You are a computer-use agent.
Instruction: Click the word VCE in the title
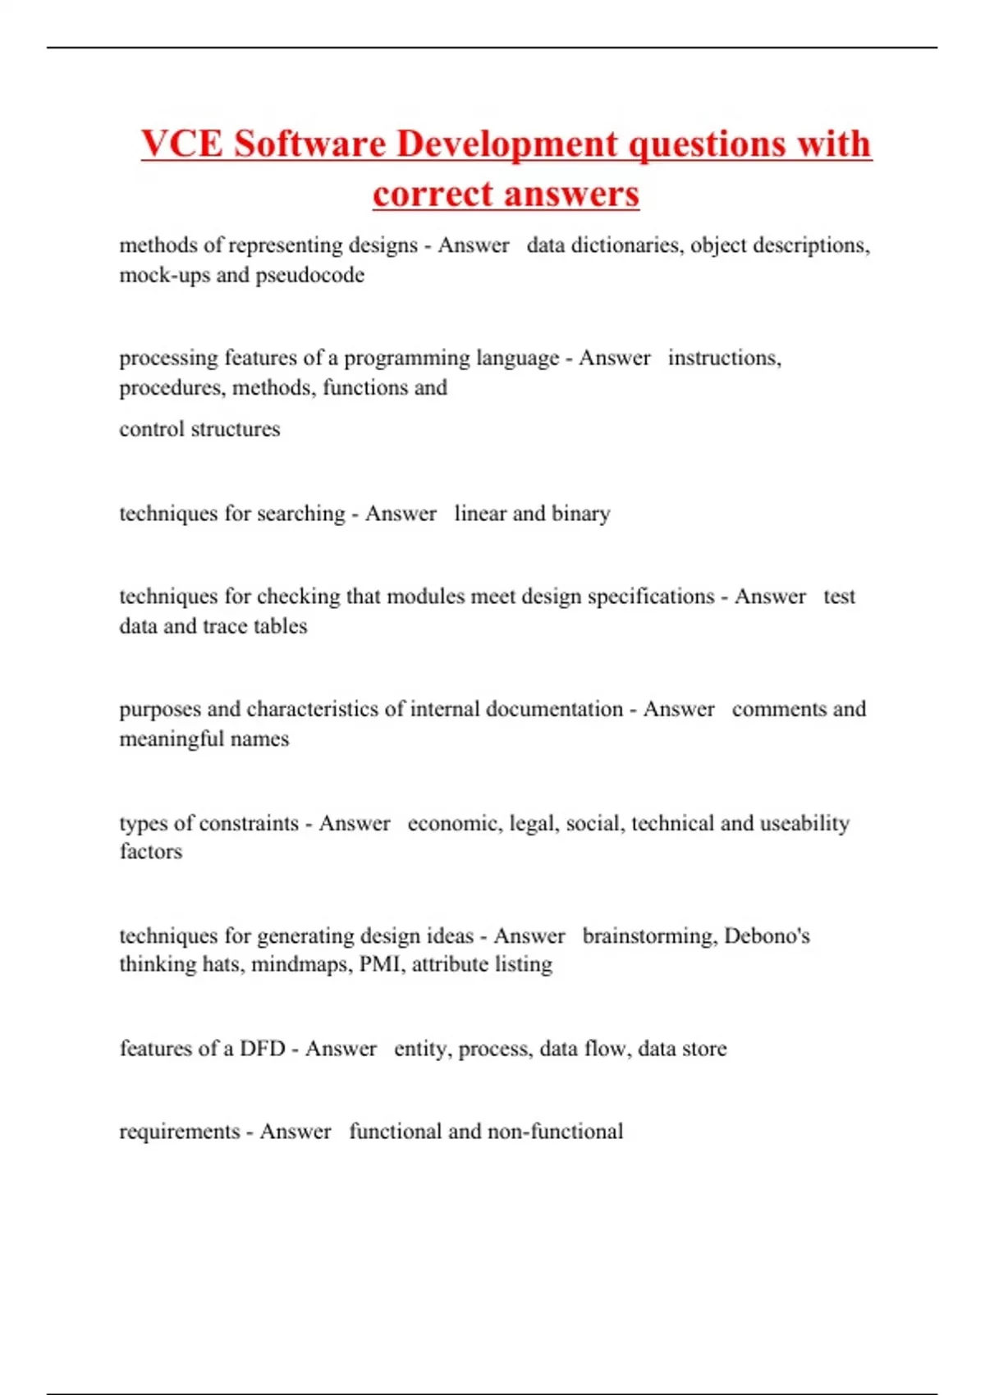pos(181,144)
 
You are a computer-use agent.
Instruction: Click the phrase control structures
pos(199,429)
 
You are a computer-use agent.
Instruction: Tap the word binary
pos(581,514)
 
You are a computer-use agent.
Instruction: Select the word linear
pos(479,514)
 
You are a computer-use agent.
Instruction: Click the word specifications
pos(651,597)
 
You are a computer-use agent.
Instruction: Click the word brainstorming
pos(648,936)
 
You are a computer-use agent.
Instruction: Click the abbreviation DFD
pos(263,1049)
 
